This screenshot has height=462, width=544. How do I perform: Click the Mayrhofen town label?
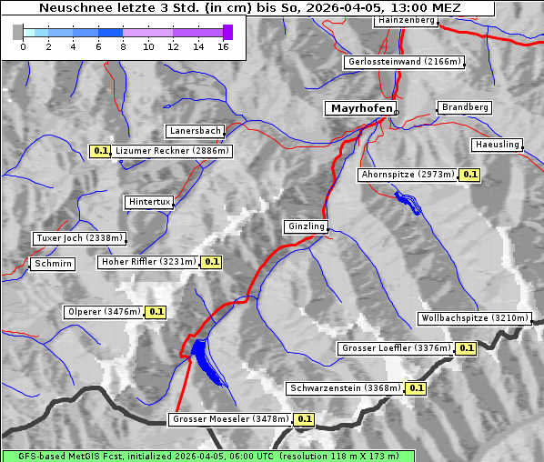[361, 108]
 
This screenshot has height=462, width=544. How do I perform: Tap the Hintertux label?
[149, 202]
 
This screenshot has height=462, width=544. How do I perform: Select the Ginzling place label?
[305, 226]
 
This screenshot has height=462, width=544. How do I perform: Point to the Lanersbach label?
[195, 131]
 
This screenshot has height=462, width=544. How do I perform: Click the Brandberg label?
[465, 107]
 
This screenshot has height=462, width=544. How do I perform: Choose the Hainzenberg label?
[406, 19]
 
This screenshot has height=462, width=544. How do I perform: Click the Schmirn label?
[52, 264]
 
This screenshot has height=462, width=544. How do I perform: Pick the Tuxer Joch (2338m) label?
[78, 238]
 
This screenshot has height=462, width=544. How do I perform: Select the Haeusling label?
[497, 145]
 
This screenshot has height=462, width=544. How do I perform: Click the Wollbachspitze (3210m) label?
[475, 318]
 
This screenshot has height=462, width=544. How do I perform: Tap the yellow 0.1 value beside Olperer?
[156, 312]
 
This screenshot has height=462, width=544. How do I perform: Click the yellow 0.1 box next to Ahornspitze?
[469, 174]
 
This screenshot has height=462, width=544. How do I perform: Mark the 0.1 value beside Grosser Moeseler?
[304, 419]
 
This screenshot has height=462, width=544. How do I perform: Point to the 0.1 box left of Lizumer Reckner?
[100, 151]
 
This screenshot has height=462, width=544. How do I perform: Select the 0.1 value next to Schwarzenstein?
[416, 388]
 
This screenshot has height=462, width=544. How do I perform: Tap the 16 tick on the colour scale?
[223, 46]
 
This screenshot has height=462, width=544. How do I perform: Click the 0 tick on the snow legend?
[23, 46]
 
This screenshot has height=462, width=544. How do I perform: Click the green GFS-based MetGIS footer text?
[207, 456]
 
